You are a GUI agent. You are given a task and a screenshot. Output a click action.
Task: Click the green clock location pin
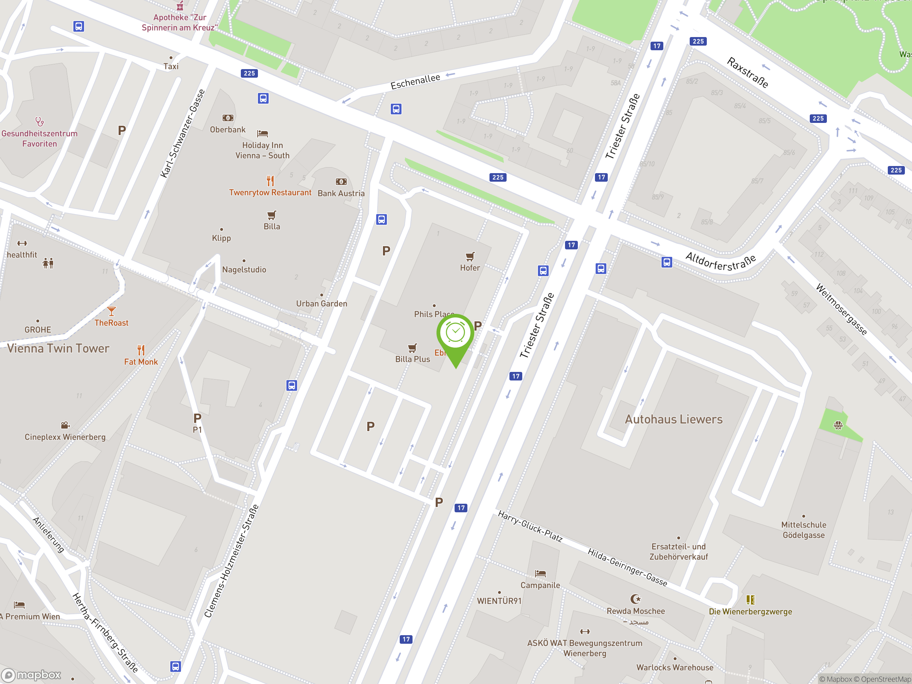tap(455, 334)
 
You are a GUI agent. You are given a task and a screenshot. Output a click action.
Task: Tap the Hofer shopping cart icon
tap(470, 256)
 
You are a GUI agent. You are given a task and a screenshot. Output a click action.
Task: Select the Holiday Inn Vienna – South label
tap(262, 150)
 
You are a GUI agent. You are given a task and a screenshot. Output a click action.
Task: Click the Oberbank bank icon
tap(228, 118)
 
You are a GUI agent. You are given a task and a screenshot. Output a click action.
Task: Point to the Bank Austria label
tap(341, 193)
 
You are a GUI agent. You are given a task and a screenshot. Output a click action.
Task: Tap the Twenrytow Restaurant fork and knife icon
tap(270, 181)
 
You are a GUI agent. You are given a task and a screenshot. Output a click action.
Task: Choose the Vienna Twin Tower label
tap(58, 348)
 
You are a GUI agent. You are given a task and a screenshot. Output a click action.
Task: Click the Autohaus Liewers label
tap(674, 419)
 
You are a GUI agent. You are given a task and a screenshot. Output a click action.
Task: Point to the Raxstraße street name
tap(747, 73)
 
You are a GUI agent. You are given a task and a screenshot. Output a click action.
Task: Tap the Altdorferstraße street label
tap(720, 262)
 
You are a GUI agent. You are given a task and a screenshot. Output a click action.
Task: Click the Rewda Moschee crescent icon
tap(636, 598)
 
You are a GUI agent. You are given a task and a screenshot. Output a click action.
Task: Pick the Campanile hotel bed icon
tap(540, 574)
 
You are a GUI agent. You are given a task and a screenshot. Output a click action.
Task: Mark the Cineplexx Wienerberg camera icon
tap(65, 425)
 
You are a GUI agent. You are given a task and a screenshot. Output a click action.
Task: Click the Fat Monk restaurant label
tap(141, 362)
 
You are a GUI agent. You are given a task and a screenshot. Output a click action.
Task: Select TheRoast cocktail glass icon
tap(111, 311)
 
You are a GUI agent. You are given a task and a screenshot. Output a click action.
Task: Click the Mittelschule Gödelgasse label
tap(804, 530)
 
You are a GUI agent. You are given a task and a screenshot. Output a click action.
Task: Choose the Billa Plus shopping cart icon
tap(412, 348)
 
